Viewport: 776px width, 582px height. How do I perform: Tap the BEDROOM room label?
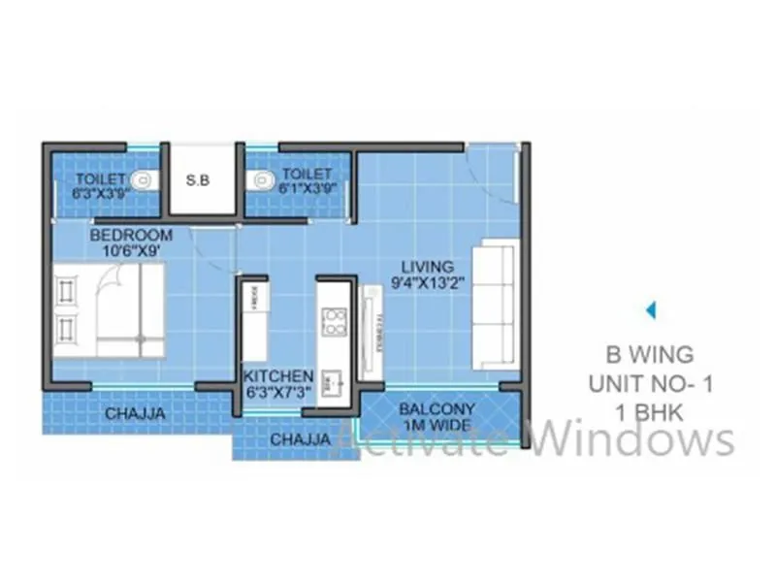(132, 236)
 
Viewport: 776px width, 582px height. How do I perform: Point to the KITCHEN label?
(278, 376)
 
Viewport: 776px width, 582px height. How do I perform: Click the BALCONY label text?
(436, 409)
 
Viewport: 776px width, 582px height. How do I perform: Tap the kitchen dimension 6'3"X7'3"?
(278, 394)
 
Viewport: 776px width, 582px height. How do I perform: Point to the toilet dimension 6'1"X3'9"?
(309, 189)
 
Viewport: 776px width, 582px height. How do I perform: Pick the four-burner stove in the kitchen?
(335, 321)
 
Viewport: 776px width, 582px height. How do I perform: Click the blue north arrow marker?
(652, 310)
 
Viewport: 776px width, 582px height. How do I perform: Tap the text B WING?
(650, 354)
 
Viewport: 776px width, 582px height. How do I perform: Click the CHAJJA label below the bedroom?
(134, 413)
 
